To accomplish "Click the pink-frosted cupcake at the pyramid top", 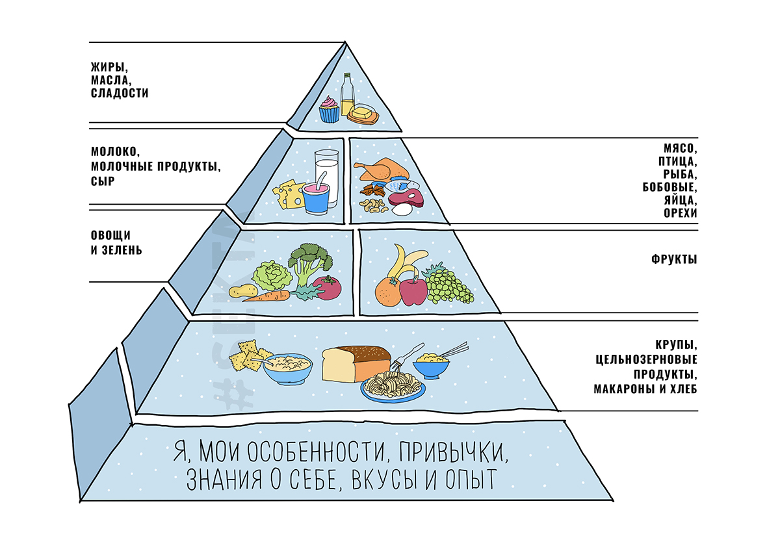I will [x=329, y=110].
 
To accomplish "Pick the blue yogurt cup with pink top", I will [x=315, y=198].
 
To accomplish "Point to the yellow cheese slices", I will [x=288, y=194].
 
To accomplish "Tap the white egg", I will [x=402, y=209].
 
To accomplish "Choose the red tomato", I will [x=328, y=288].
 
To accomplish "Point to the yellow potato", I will [x=240, y=292].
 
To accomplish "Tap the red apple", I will [x=413, y=290].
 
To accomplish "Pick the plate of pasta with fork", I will [x=393, y=385].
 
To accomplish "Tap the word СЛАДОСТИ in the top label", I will [x=120, y=94].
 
